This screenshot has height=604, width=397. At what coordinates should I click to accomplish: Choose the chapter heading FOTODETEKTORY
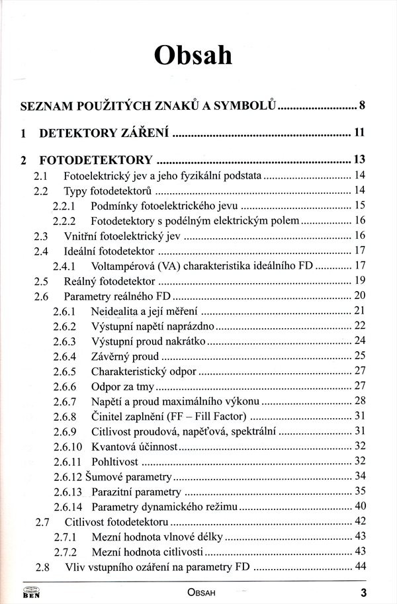[x=96, y=160]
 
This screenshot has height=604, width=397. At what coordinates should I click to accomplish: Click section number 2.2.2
[x=64, y=220]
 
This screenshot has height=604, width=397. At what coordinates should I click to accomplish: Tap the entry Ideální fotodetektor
[x=109, y=251]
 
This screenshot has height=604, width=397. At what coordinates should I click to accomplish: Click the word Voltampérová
[x=122, y=266]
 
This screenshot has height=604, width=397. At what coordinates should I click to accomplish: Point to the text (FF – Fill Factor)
[x=204, y=416]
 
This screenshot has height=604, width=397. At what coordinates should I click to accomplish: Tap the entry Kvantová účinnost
[x=135, y=446]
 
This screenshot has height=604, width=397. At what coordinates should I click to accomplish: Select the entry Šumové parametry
[x=131, y=476]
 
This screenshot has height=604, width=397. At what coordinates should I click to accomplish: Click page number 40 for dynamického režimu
[x=360, y=507]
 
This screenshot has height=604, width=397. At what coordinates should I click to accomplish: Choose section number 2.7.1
[x=64, y=537]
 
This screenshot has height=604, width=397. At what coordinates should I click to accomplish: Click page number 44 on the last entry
[x=360, y=566]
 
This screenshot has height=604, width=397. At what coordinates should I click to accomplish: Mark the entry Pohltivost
[x=114, y=461]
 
